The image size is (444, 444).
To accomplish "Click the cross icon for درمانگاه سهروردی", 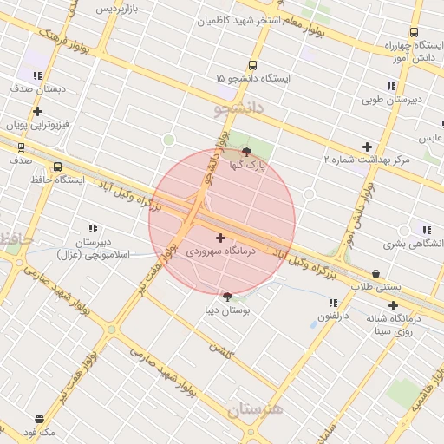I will coord(220,238).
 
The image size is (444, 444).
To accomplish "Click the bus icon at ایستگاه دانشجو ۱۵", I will coord(252,65).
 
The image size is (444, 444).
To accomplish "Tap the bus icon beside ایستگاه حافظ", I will coord(57,166).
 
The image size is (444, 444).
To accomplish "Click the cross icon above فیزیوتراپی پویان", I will coord(37,111).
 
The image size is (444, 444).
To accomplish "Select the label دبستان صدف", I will coord(38,88).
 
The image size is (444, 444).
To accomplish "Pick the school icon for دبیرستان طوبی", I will coord(391,87).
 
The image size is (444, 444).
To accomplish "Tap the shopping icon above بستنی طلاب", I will coord(375,274).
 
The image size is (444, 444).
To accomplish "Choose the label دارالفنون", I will coord(332,317).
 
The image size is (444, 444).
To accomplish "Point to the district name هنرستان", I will coord(256,410).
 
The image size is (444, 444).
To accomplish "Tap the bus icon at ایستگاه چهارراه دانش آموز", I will coord(414,33).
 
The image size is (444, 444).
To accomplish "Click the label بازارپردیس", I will coord(117,8).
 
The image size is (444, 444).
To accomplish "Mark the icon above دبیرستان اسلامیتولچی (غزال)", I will coord(93,228).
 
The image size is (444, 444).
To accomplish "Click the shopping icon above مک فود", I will coord(39,420).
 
